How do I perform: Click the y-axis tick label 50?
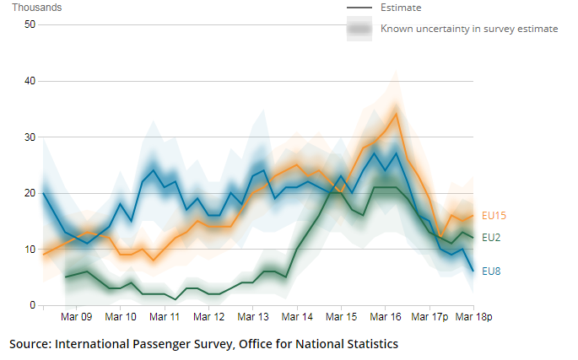coord(30,24)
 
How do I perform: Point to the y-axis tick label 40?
coord(30,81)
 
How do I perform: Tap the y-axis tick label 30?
coord(30,137)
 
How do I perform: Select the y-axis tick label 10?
coord(30,250)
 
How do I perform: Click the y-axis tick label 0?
coord(32,305)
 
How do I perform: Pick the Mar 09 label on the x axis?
coord(77,318)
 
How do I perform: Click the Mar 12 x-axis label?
coord(208,318)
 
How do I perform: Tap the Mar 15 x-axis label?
coord(341,318)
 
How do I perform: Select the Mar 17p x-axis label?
coord(429,318)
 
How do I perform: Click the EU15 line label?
coord(494,216)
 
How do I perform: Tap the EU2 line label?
coord(491,238)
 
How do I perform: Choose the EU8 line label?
coord(491,271)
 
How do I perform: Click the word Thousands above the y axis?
coord(36,8)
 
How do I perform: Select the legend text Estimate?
coord(401,8)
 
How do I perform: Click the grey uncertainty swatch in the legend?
coord(360,30)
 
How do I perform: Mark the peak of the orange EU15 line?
coord(396,113)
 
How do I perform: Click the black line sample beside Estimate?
coord(360,8)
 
